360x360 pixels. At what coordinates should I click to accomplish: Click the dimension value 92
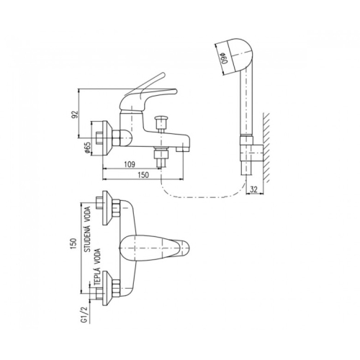click(x=75, y=114)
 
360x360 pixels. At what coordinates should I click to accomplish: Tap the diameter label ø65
click(x=87, y=148)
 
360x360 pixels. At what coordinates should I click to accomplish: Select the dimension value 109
click(x=130, y=164)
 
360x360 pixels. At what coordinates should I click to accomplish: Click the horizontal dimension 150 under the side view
click(x=143, y=175)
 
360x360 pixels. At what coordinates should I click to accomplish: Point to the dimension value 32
click(x=253, y=189)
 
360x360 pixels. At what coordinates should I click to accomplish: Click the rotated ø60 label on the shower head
click(x=225, y=58)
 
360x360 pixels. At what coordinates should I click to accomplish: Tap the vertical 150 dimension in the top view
click(x=73, y=243)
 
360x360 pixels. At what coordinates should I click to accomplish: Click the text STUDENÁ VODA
click(x=88, y=229)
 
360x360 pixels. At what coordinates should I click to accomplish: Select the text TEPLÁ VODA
click(x=98, y=266)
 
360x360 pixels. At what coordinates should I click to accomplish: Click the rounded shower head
click(x=239, y=56)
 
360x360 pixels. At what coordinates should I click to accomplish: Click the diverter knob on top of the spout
click(x=161, y=123)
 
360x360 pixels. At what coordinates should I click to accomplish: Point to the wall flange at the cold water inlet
click(x=107, y=208)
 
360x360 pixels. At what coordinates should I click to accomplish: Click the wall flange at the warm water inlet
click(x=107, y=288)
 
